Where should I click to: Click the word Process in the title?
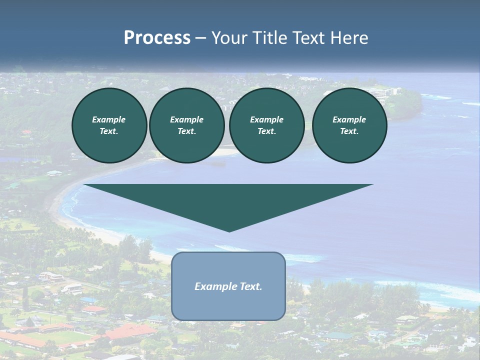pos(157,38)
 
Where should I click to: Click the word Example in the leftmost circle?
pos(109,119)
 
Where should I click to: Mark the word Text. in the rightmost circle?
pos(349,131)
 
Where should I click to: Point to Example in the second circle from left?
pos(186,119)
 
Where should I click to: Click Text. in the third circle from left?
pos(266,131)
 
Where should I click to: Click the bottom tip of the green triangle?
pos(229,231)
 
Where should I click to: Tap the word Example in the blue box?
pos(215,286)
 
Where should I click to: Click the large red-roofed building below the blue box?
pos(131,332)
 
